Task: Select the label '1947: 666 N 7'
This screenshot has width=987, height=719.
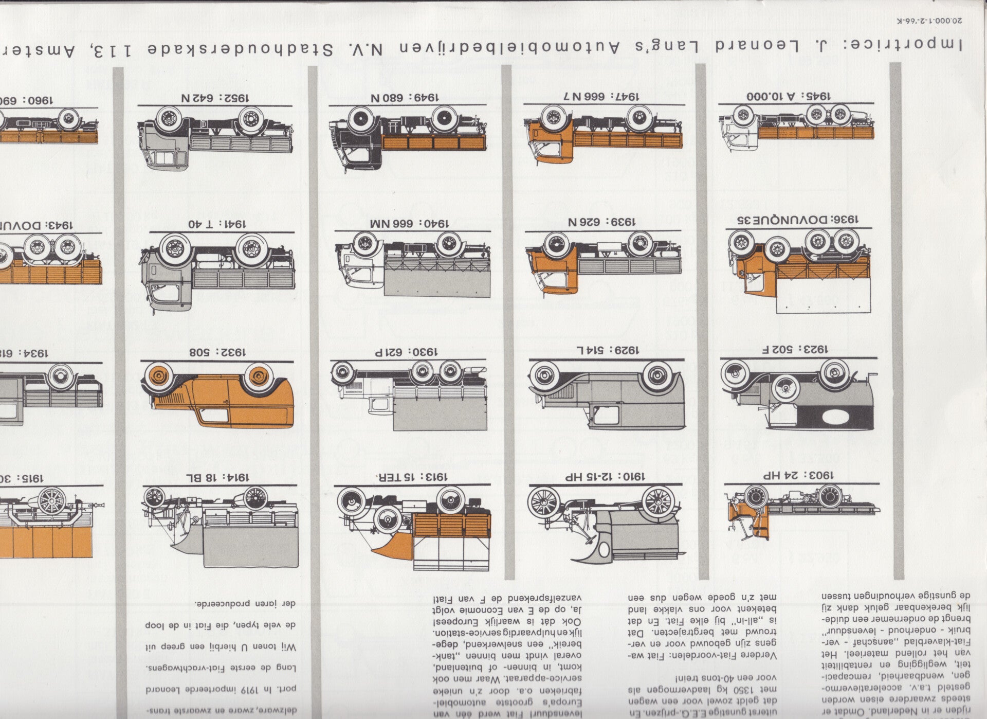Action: pyautogui.click(x=603, y=96)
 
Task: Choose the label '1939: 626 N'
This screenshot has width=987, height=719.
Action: pyautogui.click(x=601, y=222)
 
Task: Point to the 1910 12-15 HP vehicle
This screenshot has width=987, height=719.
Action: pyautogui.click(x=607, y=519)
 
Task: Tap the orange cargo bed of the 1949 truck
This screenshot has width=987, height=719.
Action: pyautogui.click(x=434, y=142)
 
